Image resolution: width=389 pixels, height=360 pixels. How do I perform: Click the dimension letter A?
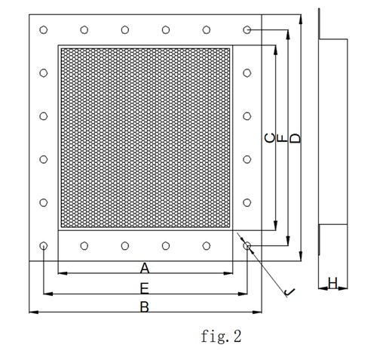[145, 268]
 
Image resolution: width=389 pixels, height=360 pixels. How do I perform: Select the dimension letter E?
[145, 288]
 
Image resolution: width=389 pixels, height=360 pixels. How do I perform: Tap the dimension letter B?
[145, 307]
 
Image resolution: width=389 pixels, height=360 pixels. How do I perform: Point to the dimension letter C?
[270, 138]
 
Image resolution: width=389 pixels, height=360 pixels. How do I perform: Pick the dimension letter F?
[283, 138]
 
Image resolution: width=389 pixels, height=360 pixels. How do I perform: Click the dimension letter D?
[296, 138]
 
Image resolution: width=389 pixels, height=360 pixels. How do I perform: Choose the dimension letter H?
[332, 283]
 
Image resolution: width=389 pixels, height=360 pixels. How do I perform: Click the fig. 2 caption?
[221, 337]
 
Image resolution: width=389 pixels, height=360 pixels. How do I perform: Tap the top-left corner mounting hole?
[44, 29]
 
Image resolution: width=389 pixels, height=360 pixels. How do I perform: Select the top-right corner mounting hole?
[247, 30]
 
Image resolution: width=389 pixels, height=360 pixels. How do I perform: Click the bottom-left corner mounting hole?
[44, 245]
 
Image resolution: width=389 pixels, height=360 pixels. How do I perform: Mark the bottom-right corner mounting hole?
[247, 245]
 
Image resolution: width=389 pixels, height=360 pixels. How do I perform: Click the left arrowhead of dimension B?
[33, 312]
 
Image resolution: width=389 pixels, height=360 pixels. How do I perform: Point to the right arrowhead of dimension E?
[243, 294]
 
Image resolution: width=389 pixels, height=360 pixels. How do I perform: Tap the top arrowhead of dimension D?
[301, 20]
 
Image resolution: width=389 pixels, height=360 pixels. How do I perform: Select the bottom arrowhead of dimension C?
[276, 226]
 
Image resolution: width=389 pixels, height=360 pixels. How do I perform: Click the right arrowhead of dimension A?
[228, 273]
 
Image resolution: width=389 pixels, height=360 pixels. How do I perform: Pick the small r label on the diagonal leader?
[289, 292]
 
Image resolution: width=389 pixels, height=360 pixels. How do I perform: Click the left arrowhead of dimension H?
[323, 288]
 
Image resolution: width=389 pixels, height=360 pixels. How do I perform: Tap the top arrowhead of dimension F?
[288, 35]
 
